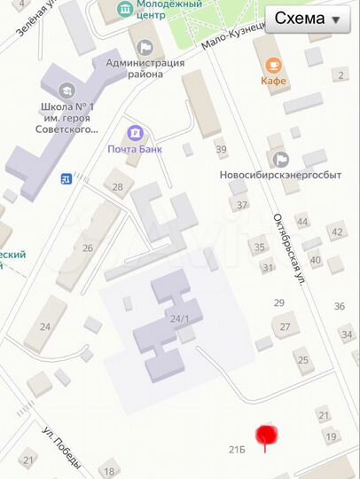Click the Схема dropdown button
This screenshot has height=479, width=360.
(x=307, y=20)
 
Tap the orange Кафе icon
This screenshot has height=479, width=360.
(x=273, y=65)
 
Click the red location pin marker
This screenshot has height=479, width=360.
(x=266, y=436)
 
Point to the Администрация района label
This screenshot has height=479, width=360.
(x=145, y=68)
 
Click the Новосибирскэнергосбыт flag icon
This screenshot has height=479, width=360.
(x=281, y=159)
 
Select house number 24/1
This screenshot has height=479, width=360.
(x=181, y=318)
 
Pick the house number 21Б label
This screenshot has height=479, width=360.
(x=237, y=450)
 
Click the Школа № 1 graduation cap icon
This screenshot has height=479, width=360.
(x=66, y=90)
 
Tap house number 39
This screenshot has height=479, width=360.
(x=221, y=149)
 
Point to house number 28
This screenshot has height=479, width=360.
(x=118, y=186)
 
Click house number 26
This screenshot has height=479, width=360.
(x=88, y=247)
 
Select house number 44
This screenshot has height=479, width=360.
(x=302, y=221)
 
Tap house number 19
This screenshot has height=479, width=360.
(x=331, y=436)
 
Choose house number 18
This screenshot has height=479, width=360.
(x=109, y=472)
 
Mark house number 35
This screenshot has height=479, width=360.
(x=260, y=247)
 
